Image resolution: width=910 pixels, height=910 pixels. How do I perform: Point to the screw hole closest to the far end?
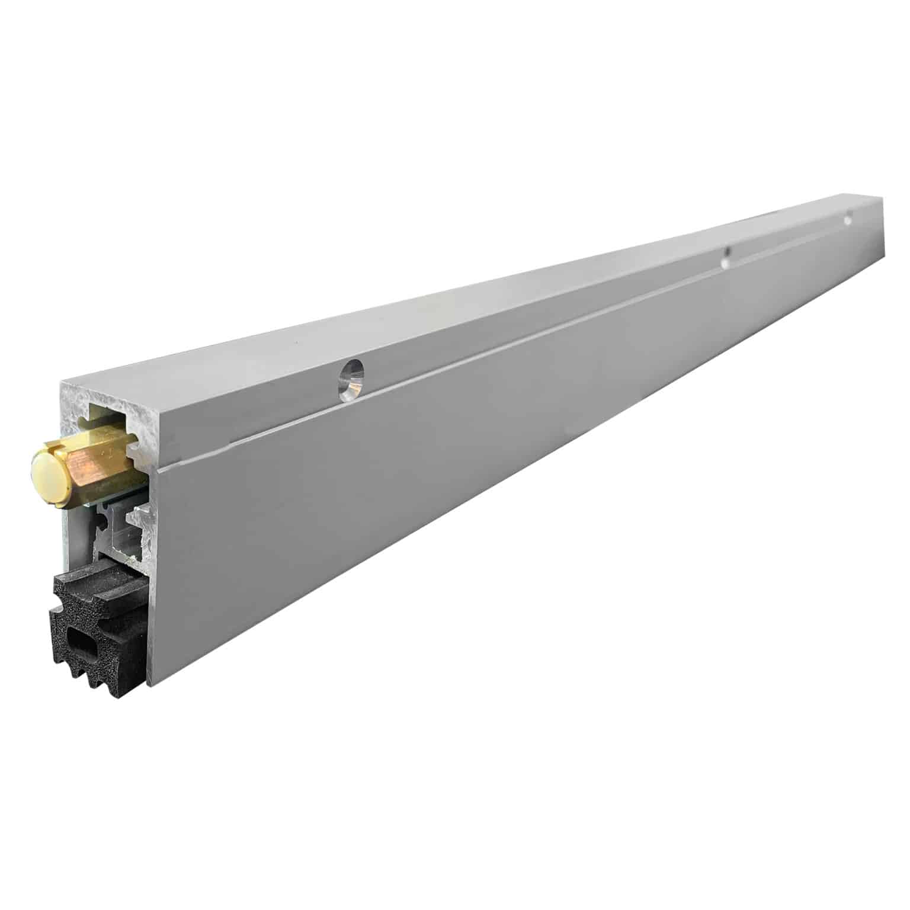click(848, 217)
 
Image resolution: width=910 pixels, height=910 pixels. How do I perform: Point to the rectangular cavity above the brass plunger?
click(110, 415)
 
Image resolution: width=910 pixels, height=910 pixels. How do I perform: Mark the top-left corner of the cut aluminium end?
click(63, 384)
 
